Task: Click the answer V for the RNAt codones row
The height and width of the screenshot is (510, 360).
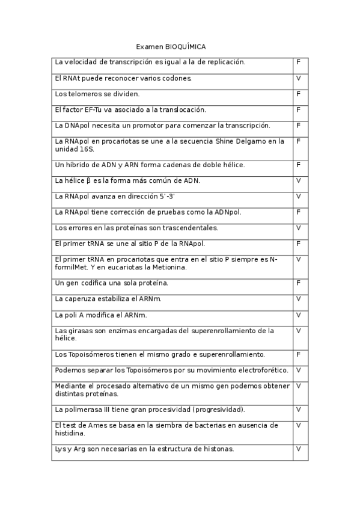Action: pos(299,78)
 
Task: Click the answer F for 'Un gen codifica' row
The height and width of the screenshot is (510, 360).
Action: pos(299,283)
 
